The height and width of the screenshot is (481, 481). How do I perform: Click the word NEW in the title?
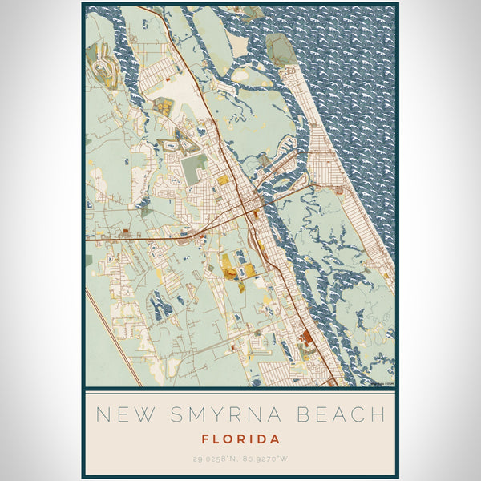tap(120, 415)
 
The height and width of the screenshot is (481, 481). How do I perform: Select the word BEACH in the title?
tap(341, 415)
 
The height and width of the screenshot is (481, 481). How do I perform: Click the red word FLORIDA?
tap(241, 439)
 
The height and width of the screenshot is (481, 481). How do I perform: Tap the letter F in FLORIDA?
tap(207, 439)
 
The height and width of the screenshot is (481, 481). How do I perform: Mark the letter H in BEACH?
tap(378, 415)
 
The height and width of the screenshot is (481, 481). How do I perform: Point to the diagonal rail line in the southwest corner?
tap(112, 337)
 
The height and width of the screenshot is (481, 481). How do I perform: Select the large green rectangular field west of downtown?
tap(195, 168)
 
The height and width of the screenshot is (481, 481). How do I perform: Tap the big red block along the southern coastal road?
tap(307, 342)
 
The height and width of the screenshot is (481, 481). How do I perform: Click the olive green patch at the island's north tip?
tap(281, 51)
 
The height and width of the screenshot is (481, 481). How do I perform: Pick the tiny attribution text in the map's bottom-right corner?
tap(382, 383)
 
